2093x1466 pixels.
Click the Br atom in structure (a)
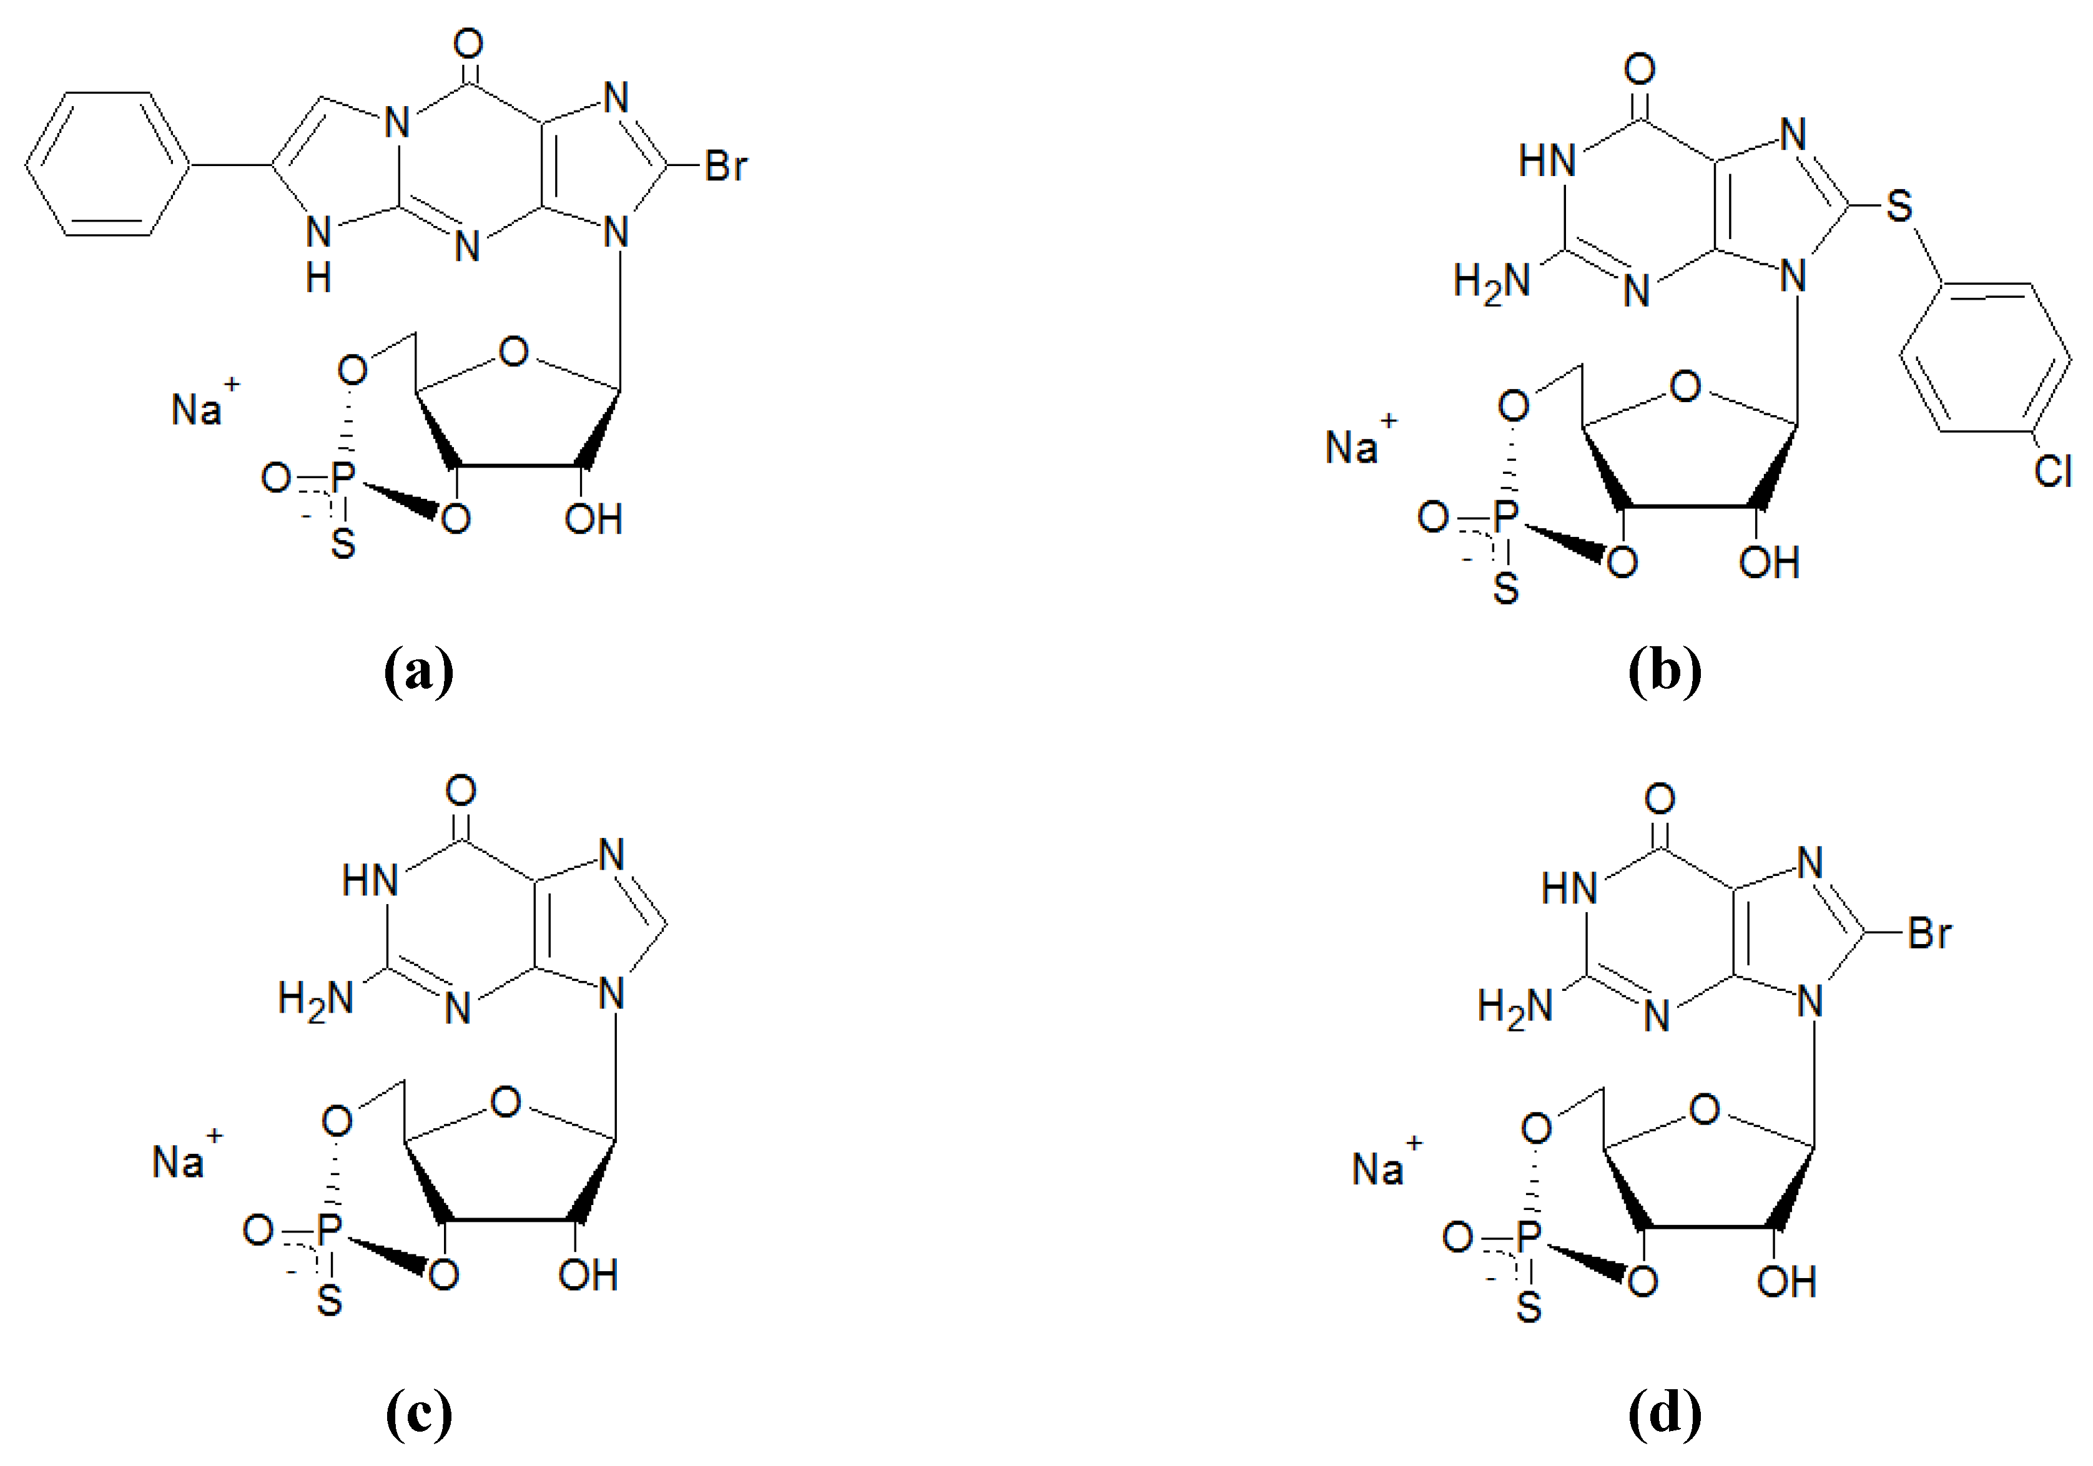726,166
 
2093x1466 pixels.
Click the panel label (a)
418,671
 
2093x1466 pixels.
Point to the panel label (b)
1665,671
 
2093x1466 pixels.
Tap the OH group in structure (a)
593,519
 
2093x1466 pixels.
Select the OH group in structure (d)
1786,1282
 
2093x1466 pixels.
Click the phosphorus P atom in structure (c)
329,1230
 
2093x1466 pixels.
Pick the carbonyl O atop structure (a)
468,44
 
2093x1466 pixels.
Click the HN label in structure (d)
1569,888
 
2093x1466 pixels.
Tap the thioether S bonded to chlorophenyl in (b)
1899,206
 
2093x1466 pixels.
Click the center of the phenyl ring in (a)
107,165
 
